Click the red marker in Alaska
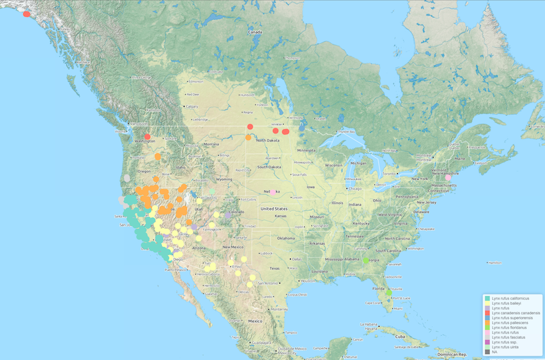(x=26, y=13)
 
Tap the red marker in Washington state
(x=147, y=137)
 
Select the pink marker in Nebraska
(x=273, y=192)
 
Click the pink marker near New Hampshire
(x=448, y=178)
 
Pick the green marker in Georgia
(x=365, y=260)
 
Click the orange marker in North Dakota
(x=248, y=138)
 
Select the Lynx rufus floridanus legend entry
(x=511, y=328)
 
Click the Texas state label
(x=275, y=267)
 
